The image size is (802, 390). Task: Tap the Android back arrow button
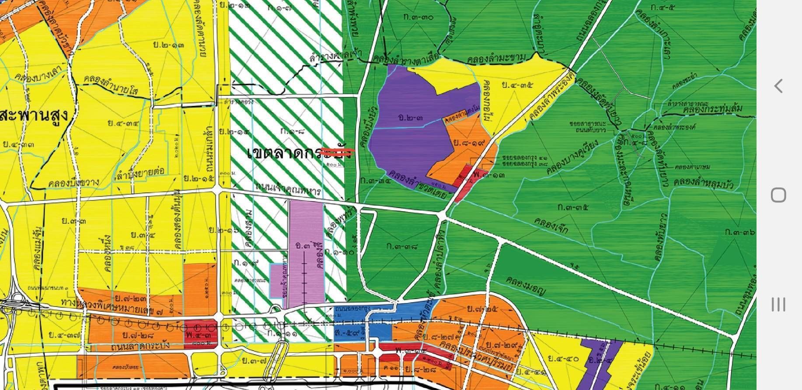pyautogui.click(x=778, y=86)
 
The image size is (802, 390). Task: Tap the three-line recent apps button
pyautogui.click(x=778, y=304)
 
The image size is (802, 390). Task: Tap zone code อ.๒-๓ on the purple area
pyautogui.click(x=411, y=118)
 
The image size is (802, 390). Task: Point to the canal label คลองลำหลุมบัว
pyautogui.click(x=704, y=183)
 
